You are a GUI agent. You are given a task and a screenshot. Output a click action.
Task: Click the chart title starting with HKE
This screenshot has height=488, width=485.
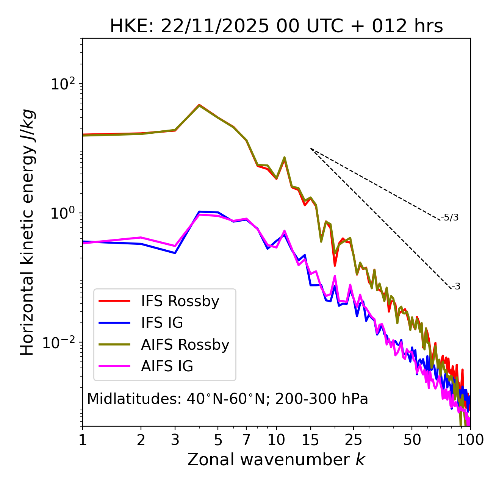click(x=276, y=27)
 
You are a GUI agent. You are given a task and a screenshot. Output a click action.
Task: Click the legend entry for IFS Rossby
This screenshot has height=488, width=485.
click(x=180, y=301)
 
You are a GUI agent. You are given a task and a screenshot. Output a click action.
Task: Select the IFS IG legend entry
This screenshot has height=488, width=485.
click(x=162, y=323)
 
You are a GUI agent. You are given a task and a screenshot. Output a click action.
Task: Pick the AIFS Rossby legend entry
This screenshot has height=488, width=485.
click(x=185, y=345)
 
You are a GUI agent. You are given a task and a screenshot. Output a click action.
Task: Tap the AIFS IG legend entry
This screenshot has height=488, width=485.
click(x=167, y=366)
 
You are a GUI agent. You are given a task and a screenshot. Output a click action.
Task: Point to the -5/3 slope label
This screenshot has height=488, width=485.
click(x=450, y=217)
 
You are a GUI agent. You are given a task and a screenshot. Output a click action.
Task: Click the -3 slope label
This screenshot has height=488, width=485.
click(x=456, y=286)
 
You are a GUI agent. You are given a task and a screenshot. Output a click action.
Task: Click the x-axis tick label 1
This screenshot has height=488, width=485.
click(x=83, y=440)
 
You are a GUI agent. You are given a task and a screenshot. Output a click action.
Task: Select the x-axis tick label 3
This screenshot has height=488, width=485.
click(x=175, y=440)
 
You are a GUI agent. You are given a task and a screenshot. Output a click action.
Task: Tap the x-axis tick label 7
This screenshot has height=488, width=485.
click(x=246, y=440)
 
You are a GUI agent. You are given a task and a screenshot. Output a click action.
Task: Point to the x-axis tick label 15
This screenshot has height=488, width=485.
click(x=310, y=440)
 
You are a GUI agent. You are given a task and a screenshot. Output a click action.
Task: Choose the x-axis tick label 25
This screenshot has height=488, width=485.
click(x=354, y=440)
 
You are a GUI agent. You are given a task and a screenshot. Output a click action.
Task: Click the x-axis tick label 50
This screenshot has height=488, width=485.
click(x=412, y=440)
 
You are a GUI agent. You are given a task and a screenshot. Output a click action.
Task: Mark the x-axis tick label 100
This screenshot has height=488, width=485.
click(x=470, y=440)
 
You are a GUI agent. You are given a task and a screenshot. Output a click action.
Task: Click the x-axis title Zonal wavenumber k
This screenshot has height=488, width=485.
click(x=276, y=460)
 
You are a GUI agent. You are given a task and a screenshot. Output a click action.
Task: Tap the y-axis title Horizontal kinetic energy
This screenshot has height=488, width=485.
click(x=27, y=232)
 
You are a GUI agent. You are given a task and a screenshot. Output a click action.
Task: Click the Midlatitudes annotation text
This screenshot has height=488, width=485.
click(x=227, y=399)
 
